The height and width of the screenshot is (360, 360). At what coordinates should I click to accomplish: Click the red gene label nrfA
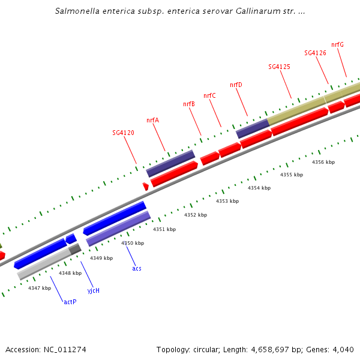point(152,120)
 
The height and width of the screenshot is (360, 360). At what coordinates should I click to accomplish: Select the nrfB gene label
point(188,104)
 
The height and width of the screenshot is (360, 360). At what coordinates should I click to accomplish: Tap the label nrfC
point(209,95)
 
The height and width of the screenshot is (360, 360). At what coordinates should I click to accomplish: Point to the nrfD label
point(236,85)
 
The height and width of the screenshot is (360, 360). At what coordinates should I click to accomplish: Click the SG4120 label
point(123,133)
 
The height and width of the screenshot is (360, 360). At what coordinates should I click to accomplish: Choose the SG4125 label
point(279,67)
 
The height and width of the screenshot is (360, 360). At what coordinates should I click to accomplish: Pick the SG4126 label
point(315,53)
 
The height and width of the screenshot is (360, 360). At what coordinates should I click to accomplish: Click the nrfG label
point(337,44)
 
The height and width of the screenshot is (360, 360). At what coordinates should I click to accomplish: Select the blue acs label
point(137,268)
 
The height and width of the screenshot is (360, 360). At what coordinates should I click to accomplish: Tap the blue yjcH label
point(93,290)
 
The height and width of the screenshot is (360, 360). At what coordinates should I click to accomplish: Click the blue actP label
point(70,302)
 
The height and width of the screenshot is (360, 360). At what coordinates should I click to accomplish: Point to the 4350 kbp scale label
point(133,243)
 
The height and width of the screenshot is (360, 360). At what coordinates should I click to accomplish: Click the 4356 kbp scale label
point(323,162)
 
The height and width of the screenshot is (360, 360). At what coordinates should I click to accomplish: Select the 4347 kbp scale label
point(40,288)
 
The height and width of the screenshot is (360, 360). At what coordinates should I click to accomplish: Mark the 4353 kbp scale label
point(227,201)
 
